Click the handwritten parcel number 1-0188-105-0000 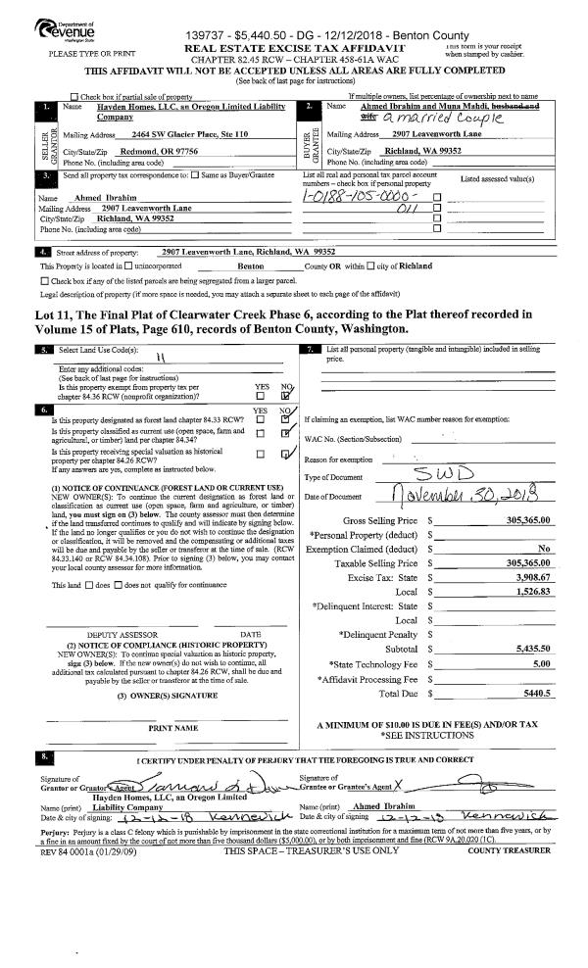point(361,196)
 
